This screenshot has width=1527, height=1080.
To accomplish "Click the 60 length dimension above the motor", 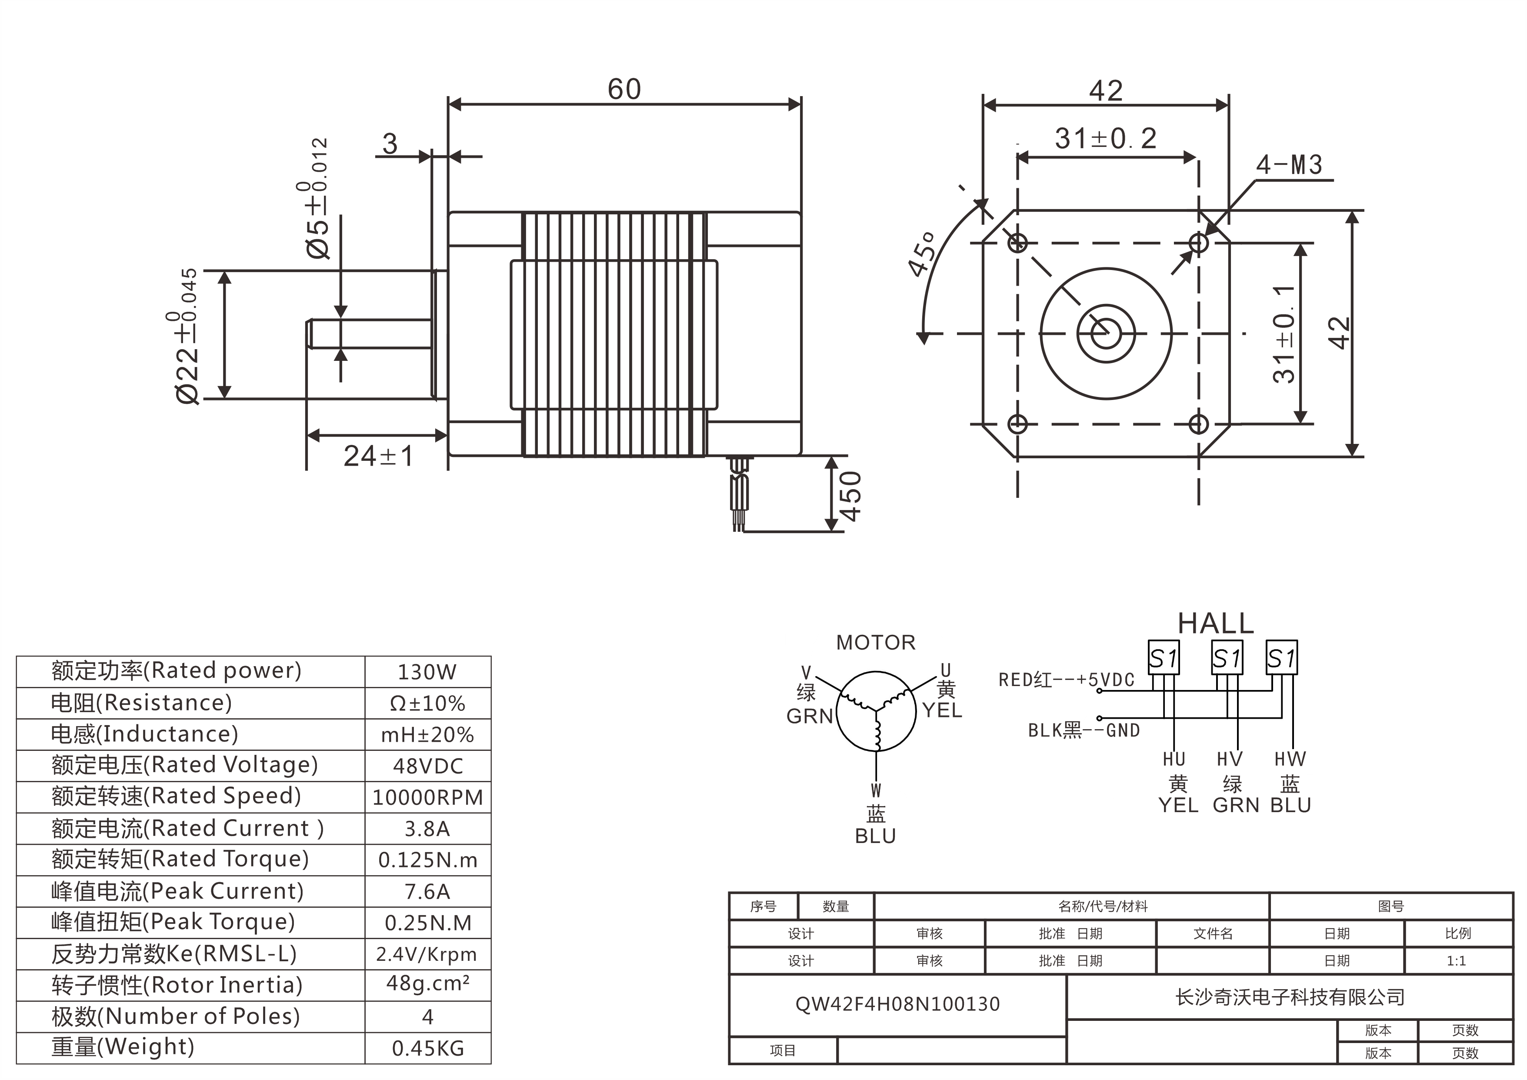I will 624,90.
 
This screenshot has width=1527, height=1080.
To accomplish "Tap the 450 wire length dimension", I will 850,496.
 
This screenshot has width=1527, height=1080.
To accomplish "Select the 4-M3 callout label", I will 1289,165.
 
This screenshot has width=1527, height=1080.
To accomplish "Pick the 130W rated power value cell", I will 427,672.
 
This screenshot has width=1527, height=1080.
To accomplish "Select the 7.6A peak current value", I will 427,892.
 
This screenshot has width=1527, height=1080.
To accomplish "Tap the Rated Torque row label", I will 180,859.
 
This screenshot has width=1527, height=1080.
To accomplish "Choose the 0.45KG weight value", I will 427,1049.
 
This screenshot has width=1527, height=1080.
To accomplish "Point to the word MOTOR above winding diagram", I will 875,643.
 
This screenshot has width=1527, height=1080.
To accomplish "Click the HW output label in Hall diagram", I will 1290,759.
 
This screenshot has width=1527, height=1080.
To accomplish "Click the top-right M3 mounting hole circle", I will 1198,243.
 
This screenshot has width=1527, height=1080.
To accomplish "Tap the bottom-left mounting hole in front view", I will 1017,423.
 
